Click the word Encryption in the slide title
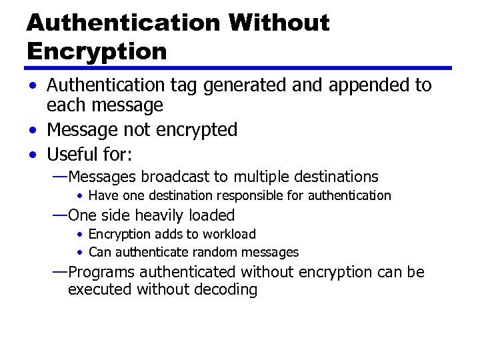[x=97, y=51]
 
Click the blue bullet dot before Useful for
[x=33, y=155]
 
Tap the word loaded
[x=213, y=215]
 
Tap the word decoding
[x=227, y=290]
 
